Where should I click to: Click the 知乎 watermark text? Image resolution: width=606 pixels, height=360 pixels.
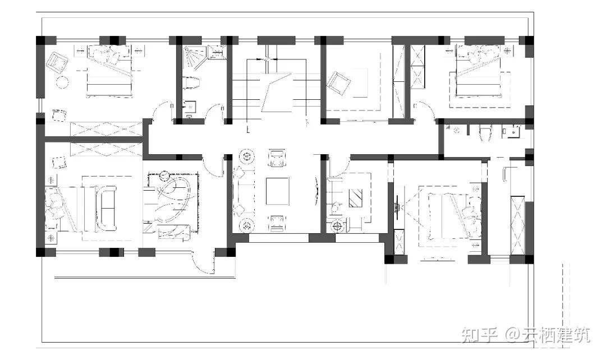[x=479, y=335]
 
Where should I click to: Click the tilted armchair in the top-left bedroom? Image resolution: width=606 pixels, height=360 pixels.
[x=57, y=62]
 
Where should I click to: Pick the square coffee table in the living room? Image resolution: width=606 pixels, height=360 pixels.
[x=277, y=191]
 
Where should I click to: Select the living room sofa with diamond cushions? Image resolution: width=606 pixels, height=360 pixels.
[x=244, y=191]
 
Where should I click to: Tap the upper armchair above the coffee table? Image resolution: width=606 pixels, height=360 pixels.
[x=278, y=158]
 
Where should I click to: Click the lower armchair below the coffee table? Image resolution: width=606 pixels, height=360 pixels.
[x=278, y=223]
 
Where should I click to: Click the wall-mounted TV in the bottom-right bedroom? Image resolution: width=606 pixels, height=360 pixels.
[x=397, y=204]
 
